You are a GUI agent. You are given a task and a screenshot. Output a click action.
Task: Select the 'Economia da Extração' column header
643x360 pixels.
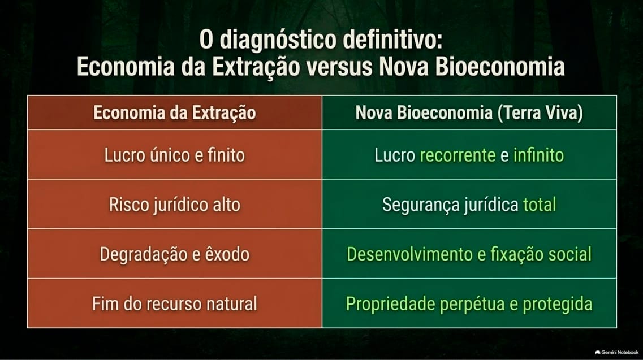point(175,113)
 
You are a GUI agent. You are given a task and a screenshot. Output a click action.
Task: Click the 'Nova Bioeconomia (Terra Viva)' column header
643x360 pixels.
point(469,113)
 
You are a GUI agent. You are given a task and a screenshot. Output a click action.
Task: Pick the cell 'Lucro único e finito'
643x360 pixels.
point(175,155)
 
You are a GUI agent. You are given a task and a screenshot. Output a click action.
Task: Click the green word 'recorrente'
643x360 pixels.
point(458,155)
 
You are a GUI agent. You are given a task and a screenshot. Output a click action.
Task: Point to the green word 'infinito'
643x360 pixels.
point(538,155)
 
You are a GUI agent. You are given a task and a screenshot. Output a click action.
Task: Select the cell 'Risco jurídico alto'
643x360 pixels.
point(175,205)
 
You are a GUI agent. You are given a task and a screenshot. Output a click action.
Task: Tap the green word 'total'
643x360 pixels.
point(540,204)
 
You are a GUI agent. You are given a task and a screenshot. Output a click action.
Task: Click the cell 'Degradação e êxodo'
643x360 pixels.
point(175,254)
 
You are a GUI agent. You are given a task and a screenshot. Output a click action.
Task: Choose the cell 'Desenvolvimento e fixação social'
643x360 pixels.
point(469,254)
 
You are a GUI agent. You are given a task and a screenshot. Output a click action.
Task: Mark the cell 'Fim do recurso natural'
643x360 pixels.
point(175,304)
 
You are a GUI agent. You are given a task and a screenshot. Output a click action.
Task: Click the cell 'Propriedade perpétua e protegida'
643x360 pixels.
point(469,304)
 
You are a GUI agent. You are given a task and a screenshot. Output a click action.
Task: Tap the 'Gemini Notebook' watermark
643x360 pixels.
point(616,352)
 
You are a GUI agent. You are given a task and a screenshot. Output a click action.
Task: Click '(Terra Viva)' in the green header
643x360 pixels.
point(540,113)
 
